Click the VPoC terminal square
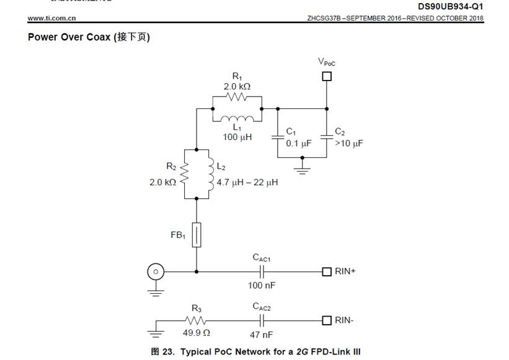pos(327,76)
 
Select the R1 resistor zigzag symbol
pos(237,97)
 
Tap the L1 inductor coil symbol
pos(237,119)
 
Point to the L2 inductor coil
pos(208,174)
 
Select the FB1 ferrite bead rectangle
pos(197,235)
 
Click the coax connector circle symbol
pos(155,271)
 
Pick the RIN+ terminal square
pos(327,271)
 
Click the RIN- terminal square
pos(327,320)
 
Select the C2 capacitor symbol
pos(327,136)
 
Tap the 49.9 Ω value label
pos(197,334)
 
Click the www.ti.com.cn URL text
pos(51,18)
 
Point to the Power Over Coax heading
pos(89,37)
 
